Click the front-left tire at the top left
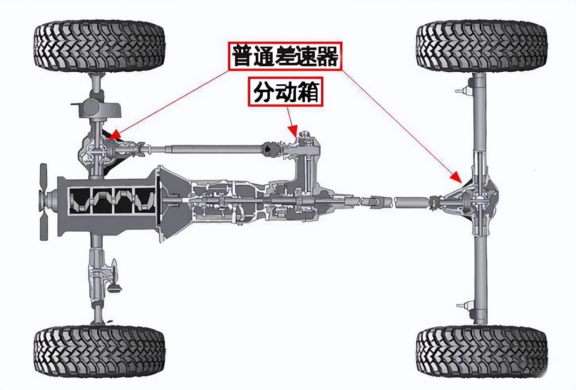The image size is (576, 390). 100,46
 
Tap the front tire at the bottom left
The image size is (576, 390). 100,351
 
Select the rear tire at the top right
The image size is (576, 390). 482,46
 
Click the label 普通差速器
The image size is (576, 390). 285,56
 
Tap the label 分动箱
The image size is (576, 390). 285,93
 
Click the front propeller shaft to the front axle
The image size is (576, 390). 206,148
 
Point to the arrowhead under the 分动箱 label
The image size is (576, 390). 294,132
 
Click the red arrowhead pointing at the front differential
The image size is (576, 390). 113,135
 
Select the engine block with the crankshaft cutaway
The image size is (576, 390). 108,204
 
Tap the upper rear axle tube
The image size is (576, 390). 479,117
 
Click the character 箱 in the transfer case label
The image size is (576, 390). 309,93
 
